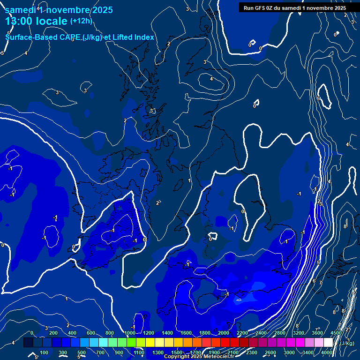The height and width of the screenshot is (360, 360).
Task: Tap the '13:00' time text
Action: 19,22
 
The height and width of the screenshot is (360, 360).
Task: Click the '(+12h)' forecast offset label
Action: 81,21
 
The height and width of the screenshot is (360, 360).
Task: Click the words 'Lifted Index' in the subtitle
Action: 133,37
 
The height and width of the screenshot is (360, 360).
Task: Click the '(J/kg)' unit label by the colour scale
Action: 347,344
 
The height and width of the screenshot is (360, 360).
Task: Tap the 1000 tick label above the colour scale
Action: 130,333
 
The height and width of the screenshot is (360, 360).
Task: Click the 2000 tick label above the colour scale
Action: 224,333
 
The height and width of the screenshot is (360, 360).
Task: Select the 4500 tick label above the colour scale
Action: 336,333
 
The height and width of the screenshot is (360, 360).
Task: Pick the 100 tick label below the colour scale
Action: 45,352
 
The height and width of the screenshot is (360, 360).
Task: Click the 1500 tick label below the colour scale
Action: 177,352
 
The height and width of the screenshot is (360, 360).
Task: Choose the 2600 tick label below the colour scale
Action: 270,352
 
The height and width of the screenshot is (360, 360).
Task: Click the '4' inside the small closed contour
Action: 211,79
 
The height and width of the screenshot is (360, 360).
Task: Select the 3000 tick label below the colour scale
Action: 289,352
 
